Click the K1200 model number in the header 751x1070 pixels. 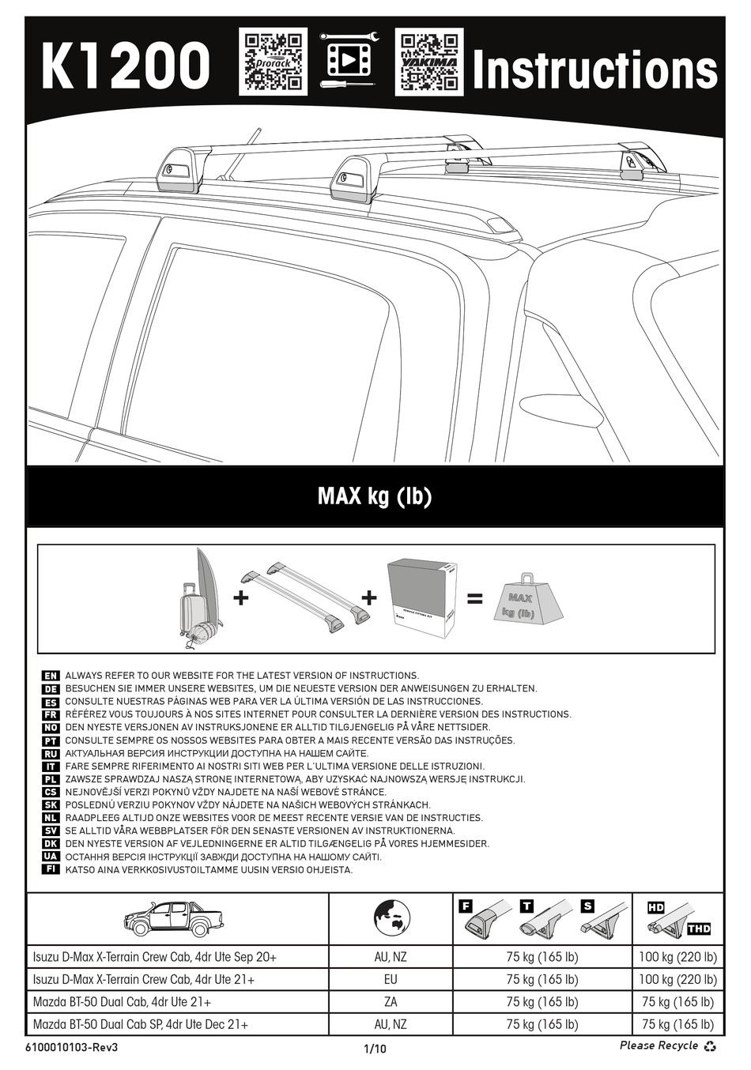point(126,66)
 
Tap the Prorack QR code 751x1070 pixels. point(274,62)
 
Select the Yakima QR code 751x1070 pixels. point(428,62)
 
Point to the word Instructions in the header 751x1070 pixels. point(594,70)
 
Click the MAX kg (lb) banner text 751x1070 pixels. point(375,496)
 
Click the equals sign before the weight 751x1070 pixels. point(474,599)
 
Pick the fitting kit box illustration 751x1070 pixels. point(421,600)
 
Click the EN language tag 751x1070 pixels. point(50,676)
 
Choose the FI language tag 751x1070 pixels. point(50,869)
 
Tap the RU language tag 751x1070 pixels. point(50,753)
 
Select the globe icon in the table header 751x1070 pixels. point(391,918)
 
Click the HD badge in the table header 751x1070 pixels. point(656,907)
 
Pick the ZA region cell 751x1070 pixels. point(391,1002)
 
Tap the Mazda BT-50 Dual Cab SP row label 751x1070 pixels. point(141,1024)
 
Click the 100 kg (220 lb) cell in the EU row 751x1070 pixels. point(677,979)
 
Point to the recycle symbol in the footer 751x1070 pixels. point(711,1046)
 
